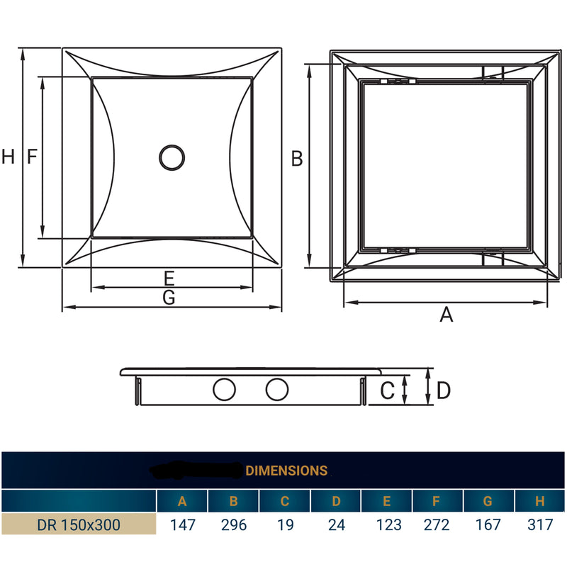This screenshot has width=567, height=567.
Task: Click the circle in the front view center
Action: (x=172, y=157)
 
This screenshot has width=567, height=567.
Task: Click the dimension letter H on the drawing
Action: (x=8, y=157)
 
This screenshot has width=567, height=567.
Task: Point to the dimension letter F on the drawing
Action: (x=32, y=157)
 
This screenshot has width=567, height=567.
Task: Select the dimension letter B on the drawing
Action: (x=298, y=159)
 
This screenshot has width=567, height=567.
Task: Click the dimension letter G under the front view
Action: (x=169, y=298)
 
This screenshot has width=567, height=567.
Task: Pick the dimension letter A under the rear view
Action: (x=446, y=315)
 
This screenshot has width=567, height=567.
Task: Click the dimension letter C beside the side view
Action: (x=387, y=390)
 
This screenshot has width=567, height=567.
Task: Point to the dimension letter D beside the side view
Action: (x=443, y=390)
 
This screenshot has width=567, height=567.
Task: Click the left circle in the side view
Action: (x=225, y=389)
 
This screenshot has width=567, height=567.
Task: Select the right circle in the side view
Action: (x=277, y=389)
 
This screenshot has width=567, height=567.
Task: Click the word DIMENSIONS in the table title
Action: (x=286, y=471)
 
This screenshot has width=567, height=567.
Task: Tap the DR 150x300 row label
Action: (x=78, y=525)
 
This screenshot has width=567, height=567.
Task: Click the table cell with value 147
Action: (x=182, y=525)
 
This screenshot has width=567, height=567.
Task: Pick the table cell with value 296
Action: (x=233, y=525)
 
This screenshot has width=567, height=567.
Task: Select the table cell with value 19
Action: (x=284, y=525)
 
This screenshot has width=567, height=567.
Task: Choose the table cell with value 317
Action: (x=539, y=525)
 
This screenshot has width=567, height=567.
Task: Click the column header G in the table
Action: (x=488, y=502)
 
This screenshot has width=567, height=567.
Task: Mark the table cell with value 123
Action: (x=386, y=525)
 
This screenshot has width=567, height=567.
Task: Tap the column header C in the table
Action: (x=284, y=502)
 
